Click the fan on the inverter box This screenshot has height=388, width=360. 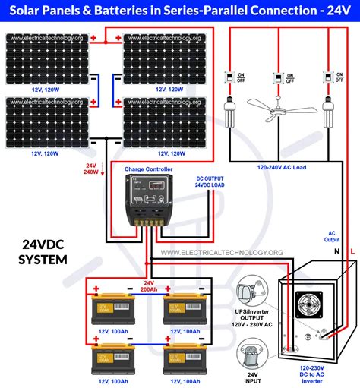click(310, 308)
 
